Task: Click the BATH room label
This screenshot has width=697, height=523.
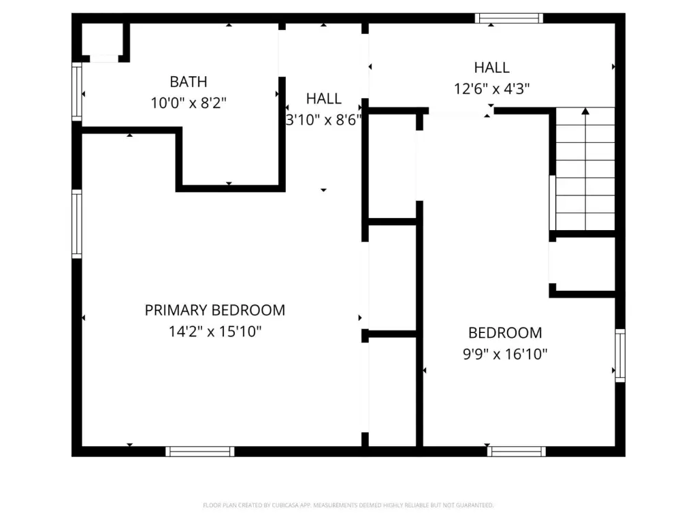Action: point(189,82)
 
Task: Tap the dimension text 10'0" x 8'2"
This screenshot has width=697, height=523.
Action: point(189,104)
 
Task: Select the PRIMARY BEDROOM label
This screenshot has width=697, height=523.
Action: point(214,310)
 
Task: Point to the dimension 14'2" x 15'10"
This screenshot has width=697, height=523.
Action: point(214,332)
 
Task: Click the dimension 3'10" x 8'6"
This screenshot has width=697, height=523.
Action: point(323,120)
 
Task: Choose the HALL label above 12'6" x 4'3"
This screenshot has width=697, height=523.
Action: point(491,67)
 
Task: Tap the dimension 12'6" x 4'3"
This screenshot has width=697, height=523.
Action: point(491,89)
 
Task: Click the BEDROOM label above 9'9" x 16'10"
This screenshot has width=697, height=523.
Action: point(505,332)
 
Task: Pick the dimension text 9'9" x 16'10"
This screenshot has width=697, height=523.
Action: point(505,354)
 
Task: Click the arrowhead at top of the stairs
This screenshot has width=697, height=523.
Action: point(585,111)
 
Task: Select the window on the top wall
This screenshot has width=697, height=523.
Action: point(509,18)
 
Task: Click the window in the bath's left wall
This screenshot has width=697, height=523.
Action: point(77,92)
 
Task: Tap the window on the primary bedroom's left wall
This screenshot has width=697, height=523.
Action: point(77,224)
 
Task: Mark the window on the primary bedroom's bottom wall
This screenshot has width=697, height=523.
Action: point(200,451)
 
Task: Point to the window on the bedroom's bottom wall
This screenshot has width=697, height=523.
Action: point(517,451)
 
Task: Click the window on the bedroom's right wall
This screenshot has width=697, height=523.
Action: point(620,355)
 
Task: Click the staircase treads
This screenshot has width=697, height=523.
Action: point(585,169)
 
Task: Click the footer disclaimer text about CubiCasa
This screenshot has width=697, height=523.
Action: point(348,505)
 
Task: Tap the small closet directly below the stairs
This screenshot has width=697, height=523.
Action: point(583,264)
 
